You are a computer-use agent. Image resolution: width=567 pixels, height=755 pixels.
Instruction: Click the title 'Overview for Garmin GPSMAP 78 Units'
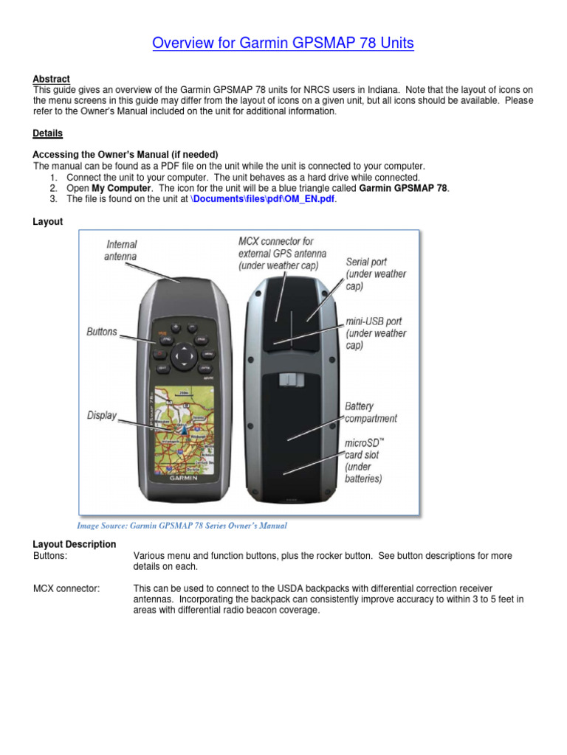pyautogui.click(x=283, y=44)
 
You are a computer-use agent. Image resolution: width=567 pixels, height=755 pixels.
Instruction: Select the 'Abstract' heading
pyautogui.click(x=51, y=79)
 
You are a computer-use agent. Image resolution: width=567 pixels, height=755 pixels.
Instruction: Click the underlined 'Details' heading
pyautogui.click(x=47, y=133)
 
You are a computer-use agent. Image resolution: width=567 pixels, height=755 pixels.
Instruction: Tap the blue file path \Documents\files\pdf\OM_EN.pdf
pyautogui.click(x=263, y=199)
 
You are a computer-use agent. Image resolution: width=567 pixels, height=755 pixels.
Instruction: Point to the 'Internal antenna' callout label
pyautogui.click(x=122, y=250)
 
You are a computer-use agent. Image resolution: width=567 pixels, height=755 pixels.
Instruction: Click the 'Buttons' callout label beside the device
pyautogui.click(x=102, y=332)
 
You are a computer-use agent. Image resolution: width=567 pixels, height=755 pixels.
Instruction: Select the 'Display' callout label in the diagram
pyautogui.click(x=102, y=415)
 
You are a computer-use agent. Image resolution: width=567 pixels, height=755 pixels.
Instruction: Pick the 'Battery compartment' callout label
pyautogui.click(x=371, y=412)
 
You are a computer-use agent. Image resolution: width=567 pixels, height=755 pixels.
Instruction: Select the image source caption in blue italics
pyautogui.click(x=182, y=526)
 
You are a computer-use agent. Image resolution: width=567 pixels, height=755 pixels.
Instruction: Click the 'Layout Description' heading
pyautogui.click(x=75, y=544)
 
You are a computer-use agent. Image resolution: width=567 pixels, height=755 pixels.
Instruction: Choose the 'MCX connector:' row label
pyautogui.click(x=67, y=588)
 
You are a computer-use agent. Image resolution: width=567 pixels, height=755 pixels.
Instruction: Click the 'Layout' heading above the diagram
pyautogui.click(x=48, y=221)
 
